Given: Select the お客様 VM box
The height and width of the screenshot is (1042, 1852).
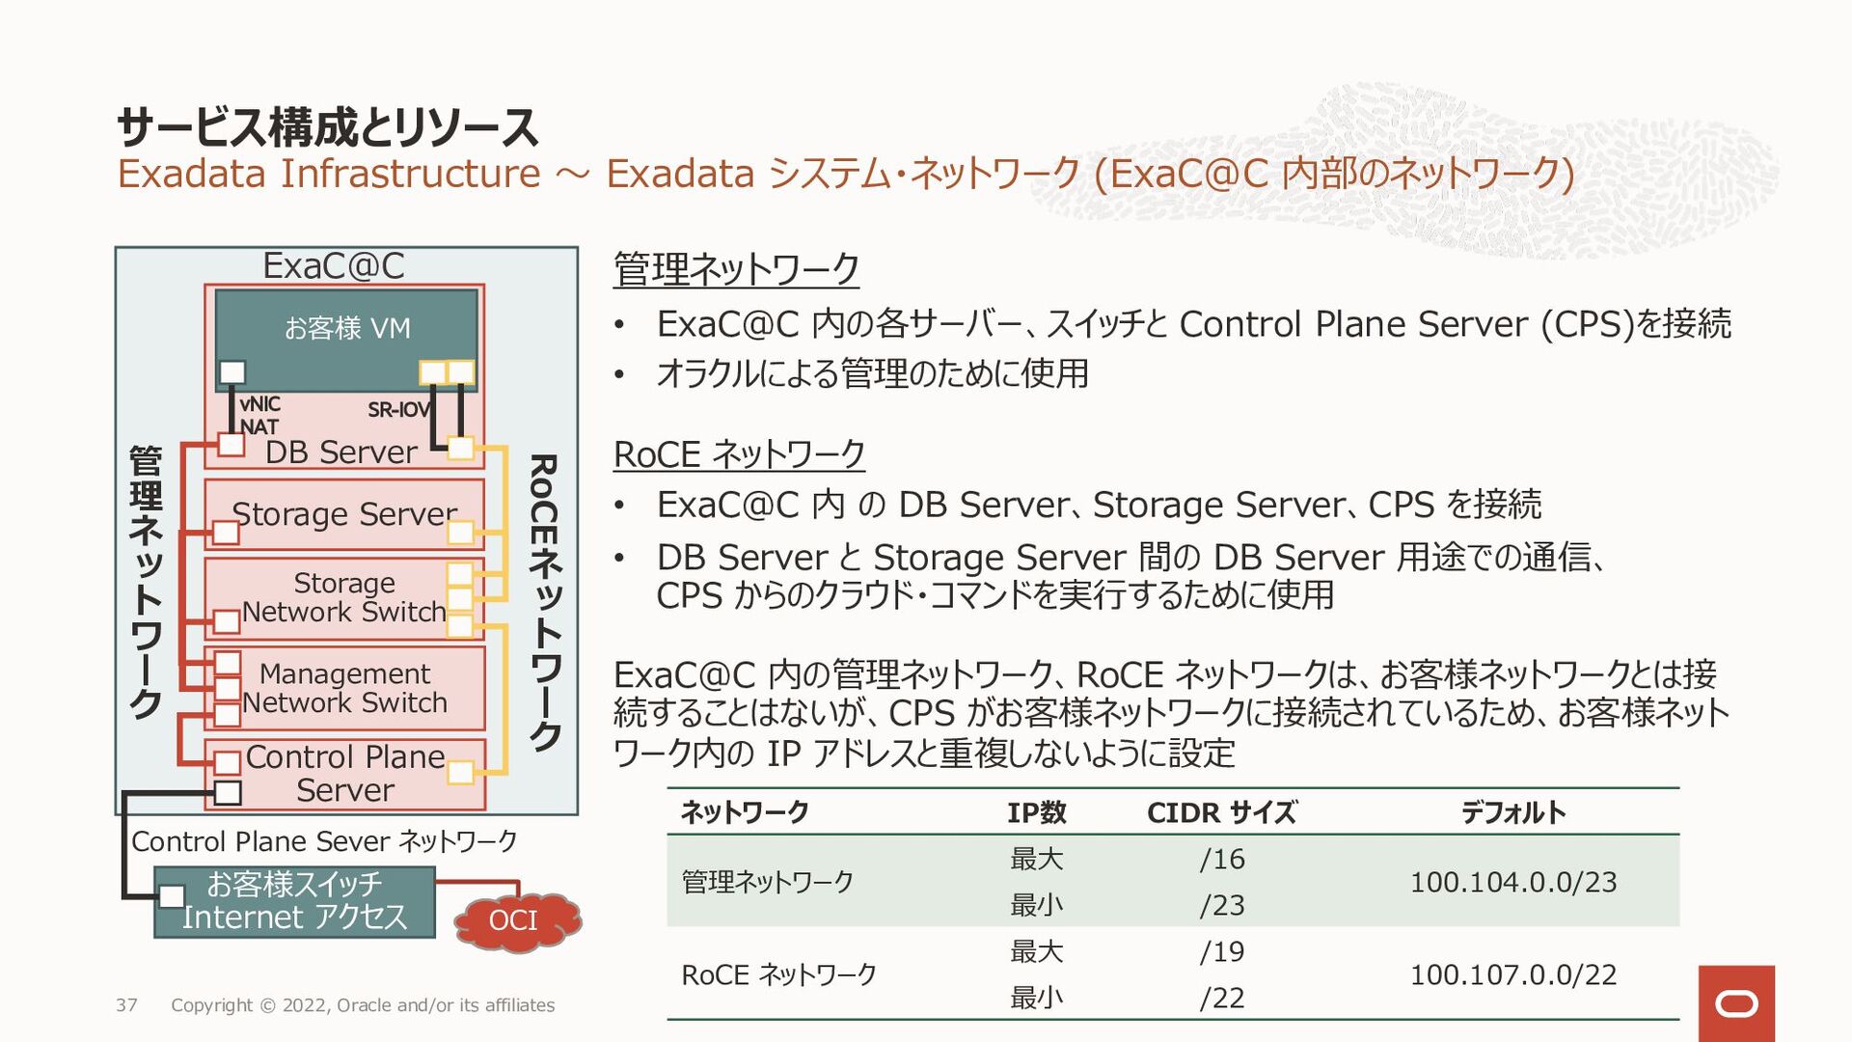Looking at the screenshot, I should coord(346,328).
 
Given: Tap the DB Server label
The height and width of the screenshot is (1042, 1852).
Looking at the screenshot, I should coord(341,452).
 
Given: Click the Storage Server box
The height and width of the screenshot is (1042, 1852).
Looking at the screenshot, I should coord(344,514).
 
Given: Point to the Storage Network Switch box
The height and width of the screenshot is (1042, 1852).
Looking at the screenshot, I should coord(344,598).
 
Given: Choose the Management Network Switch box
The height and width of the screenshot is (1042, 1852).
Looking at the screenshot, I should coord(344,688).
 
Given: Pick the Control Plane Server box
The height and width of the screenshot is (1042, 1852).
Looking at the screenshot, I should coord(344,774).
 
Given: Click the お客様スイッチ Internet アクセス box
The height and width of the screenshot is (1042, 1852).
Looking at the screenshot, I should coord(295,901).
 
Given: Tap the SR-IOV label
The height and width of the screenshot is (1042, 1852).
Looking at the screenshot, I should coord(398,410).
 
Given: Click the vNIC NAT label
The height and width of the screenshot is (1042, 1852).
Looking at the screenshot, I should coord(259,415).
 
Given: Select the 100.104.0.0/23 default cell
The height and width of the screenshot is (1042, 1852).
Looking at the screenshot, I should coord(1512,882).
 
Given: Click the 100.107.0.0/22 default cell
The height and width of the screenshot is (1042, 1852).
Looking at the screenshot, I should coord(1512,974).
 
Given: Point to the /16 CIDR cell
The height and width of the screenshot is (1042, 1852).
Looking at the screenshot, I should coord(1221,859).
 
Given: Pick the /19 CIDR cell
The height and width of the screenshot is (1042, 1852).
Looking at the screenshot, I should coord(1221,951).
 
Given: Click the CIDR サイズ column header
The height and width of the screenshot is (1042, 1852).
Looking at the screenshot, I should coord(1221,812).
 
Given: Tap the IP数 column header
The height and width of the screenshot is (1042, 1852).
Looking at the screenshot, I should coord(1036,812).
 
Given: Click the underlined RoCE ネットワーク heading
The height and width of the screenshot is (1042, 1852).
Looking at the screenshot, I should coord(739,454).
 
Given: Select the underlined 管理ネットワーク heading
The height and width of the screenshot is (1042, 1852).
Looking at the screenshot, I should coord(736,269).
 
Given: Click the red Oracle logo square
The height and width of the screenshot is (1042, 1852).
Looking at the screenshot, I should coord(1736,1003).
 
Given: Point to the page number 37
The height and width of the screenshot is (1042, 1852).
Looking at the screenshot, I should coord(126,1005).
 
